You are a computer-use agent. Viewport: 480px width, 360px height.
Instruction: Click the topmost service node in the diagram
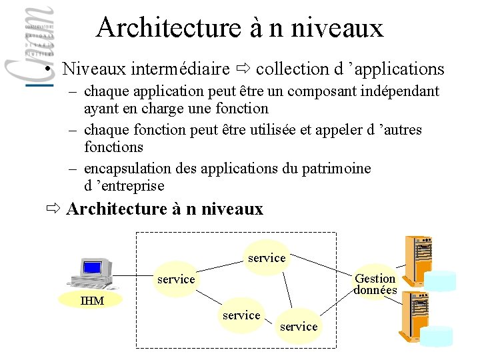pyautogui.click(x=267, y=257)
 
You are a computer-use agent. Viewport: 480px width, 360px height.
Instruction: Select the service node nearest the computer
pyautogui.click(x=176, y=279)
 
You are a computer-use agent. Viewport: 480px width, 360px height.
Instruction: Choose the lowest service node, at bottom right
pyautogui.click(x=299, y=326)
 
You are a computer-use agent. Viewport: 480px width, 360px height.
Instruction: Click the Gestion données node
pyautogui.click(x=375, y=283)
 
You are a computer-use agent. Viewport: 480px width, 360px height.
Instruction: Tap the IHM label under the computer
pyautogui.click(x=92, y=301)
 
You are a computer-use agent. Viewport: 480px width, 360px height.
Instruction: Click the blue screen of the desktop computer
pyautogui.click(x=92, y=268)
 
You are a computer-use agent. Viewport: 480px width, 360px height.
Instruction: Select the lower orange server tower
pyautogui.click(x=413, y=319)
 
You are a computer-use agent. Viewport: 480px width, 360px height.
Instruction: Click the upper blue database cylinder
pyautogui.click(x=441, y=281)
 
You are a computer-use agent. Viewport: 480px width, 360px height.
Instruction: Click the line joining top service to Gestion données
pyautogui.click(x=323, y=265)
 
